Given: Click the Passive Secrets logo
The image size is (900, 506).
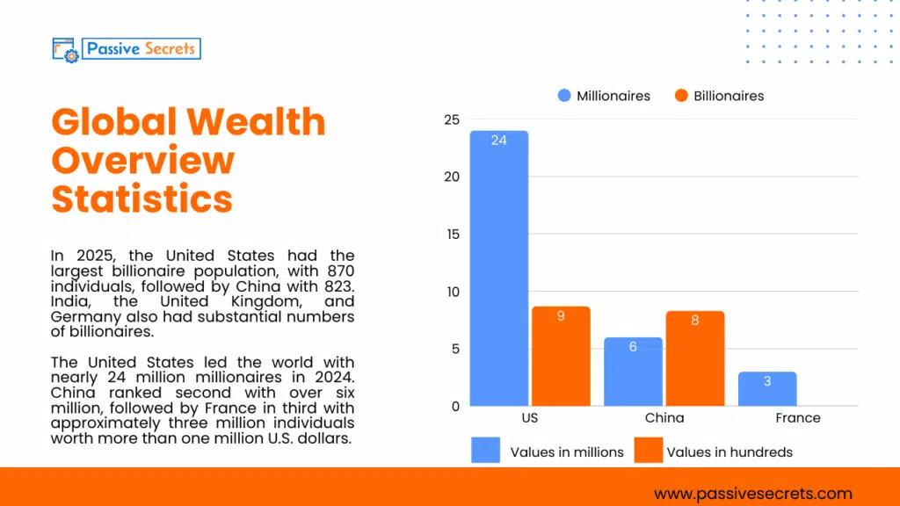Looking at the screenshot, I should coord(127,48).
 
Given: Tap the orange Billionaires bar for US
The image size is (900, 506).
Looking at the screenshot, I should coord(561,356).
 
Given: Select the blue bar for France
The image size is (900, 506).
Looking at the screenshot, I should coord(766,389).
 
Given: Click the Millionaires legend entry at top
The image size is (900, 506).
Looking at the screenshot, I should coord(604,96).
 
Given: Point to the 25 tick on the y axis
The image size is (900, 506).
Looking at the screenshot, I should coord(450,119).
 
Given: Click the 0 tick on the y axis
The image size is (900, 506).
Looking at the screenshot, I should coord(454,406).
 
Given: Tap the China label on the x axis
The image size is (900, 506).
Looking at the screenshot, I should coord(664,418).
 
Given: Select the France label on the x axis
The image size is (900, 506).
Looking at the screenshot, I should coord(798,418).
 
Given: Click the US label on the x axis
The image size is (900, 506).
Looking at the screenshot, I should coord(529,418).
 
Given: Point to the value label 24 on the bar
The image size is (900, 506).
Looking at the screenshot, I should coord(498,141).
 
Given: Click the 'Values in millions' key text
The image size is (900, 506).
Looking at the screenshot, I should coord(567,452).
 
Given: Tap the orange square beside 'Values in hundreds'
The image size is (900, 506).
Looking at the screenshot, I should coord(648,451).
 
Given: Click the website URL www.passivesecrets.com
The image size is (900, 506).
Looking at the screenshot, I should coord(753,494).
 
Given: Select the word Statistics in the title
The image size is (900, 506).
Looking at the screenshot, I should coord(142,199).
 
